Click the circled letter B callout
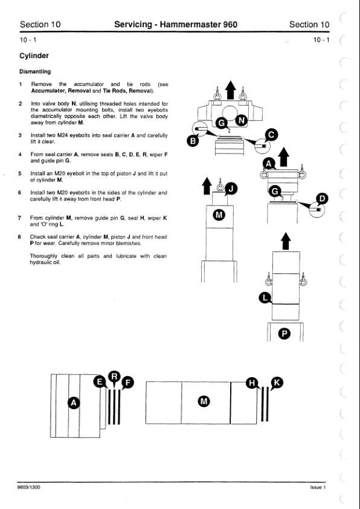tap(193, 141)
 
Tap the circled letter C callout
tap(272, 135)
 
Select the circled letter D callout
tap(322, 199)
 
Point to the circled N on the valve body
tap(241, 121)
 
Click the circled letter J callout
tap(231, 188)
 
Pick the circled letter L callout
tap(265, 298)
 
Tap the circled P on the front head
tap(284, 334)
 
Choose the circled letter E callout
tap(100, 381)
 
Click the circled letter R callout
tap(114, 376)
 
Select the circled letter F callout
tap(127, 383)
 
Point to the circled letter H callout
tap(252, 383)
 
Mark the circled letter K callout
tap(277, 383)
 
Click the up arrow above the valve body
tap(231, 90)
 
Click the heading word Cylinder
tap(34, 56)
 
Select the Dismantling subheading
tap(35, 71)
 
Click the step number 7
tap(20, 218)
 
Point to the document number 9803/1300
tap(29, 487)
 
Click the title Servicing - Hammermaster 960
tap(176, 24)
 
